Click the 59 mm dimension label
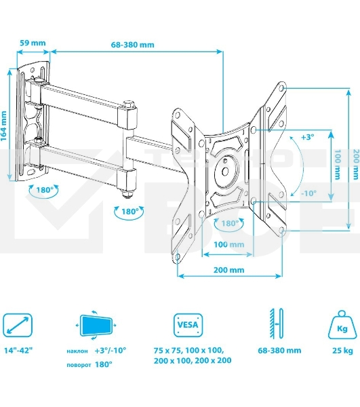tap(33, 43)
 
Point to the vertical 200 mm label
tap(355, 166)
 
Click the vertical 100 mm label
tap(337, 166)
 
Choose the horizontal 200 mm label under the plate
tap(228, 269)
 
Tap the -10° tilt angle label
tap(308, 193)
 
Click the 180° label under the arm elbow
tap(131, 211)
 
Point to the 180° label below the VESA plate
tap(228, 222)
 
